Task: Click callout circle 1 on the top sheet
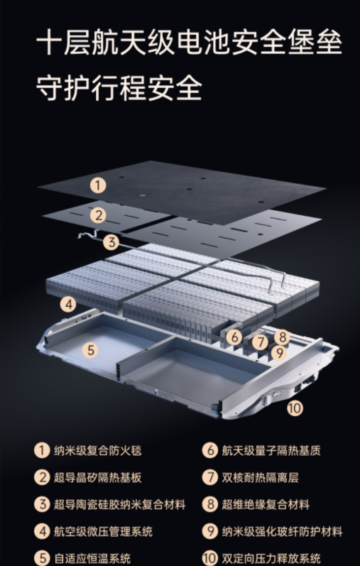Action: click(x=98, y=185)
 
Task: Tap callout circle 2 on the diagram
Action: click(x=98, y=215)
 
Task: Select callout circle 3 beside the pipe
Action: click(x=111, y=242)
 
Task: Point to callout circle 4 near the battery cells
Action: click(x=68, y=304)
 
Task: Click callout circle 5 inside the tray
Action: click(x=90, y=349)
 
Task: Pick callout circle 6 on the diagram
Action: click(x=234, y=337)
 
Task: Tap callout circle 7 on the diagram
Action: click(x=260, y=342)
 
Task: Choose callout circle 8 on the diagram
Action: click(x=282, y=337)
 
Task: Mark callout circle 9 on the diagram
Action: click(x=279, y=353)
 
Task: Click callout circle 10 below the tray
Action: click(x=295, y=408)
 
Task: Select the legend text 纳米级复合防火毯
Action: click(x=98, y=450)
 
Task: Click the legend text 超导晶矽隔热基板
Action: click(x=98, y=477)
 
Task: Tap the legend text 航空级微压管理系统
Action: click(x=103, y=531)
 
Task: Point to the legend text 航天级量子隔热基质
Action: click(x=271, y=450)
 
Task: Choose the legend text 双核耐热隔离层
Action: click(x=261, y=477)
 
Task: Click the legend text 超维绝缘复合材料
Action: click(x=266, y=505)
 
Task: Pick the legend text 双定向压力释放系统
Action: click(x=271, y=558)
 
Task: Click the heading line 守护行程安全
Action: click(x=119, y=88)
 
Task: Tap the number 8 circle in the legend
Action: click(x=210, y=505)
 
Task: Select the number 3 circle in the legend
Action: click(x=42, y=505)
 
